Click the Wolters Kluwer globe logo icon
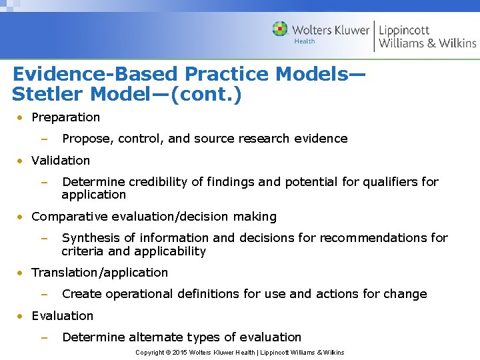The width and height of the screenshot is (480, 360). (280, 29)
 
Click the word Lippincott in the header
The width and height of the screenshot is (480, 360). (404, 29)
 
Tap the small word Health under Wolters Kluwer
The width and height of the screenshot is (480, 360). (305, 41)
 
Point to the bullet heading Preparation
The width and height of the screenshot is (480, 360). (65, 117)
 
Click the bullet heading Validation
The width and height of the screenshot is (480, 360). (61, 161)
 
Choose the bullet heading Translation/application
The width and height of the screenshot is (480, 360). (99, 273)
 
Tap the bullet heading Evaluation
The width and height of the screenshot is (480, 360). (62, 316)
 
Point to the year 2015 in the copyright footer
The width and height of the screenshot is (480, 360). (179, 353)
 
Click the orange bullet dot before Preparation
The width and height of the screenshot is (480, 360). (21, 118)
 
